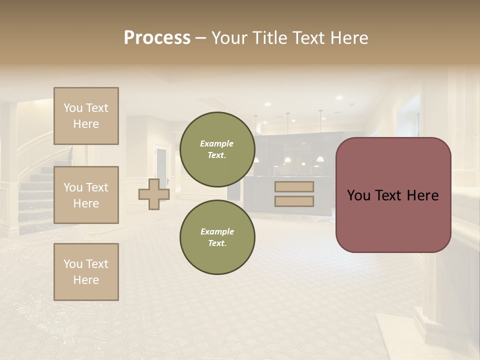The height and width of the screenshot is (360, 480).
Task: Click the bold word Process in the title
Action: click(x=157, y=38)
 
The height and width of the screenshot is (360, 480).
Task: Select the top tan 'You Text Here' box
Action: click(x=86, y=116)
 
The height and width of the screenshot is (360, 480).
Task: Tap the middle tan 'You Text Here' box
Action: click(x=86, y=195)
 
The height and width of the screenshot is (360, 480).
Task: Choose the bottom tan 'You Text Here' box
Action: click(x=86, y=272)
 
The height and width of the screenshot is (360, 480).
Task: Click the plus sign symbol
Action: click(x=154, y=194)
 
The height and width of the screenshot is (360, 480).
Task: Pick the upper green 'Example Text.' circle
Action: click(x=217, y=149)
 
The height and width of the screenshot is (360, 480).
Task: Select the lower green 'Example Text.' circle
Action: click(x=217, y=237)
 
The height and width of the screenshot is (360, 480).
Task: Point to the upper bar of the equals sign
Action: click(x=294, y=187)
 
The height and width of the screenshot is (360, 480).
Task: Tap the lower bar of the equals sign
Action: click(x=294, y=201)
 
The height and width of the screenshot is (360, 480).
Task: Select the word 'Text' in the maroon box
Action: click(x=388, y=195)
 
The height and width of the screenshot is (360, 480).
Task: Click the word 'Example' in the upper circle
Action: click(x=217, y=144)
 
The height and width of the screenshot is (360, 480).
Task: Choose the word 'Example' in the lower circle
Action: click(x=217, y=232)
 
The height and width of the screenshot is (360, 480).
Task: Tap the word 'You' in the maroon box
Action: click(x=358, y=195)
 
